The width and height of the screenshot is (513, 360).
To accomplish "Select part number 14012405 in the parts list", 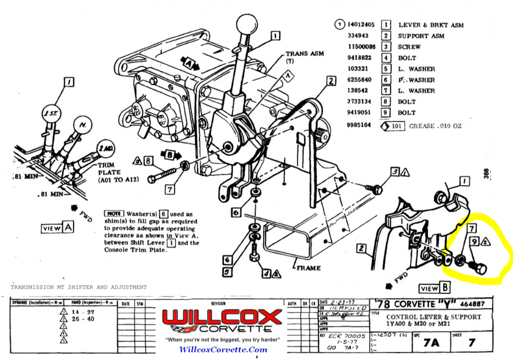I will (361, 25).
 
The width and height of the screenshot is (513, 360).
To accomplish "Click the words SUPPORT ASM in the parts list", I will (421, 36).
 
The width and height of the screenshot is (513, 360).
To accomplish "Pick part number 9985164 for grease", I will (359, 125).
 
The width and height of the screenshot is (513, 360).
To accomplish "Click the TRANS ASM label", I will (305, 54).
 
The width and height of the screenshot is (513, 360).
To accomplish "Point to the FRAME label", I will (309, 268).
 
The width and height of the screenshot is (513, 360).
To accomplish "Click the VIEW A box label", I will (57, 228).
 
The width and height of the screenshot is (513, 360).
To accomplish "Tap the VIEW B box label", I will (434, 288).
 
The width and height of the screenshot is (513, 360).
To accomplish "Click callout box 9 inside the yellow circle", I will (474, 241).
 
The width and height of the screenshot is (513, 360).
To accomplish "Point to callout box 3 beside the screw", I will (394, 172).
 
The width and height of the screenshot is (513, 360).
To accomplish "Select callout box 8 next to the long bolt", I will (149, 161).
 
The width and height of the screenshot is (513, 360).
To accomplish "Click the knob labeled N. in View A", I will (82, 126).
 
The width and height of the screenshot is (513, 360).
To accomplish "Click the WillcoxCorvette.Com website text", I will (223, 349).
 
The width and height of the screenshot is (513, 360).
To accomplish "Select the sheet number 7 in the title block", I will (471, 343).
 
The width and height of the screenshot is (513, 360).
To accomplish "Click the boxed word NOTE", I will (114, 214).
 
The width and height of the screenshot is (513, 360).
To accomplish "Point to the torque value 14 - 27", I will (83, 312).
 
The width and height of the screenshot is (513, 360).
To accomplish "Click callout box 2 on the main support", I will (331, 81).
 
